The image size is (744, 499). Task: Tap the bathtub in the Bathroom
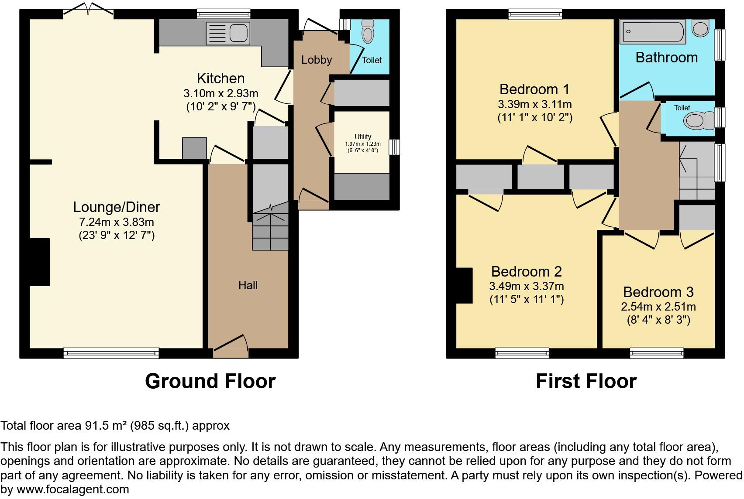652,32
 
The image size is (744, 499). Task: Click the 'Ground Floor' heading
210,381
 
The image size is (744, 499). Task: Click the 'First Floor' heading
586,381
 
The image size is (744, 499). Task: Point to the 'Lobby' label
317,60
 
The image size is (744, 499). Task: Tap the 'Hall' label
248,285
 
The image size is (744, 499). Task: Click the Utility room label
363,137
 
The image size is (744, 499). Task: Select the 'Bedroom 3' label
658,292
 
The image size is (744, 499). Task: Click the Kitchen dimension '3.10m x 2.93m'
220,93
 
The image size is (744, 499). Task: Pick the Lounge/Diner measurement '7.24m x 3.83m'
117,222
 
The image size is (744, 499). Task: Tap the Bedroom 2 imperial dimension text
526,299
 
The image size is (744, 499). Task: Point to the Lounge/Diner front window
111,353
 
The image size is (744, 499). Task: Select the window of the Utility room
394,147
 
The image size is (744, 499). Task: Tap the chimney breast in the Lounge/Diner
39,262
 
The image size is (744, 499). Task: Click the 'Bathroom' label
666,58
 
